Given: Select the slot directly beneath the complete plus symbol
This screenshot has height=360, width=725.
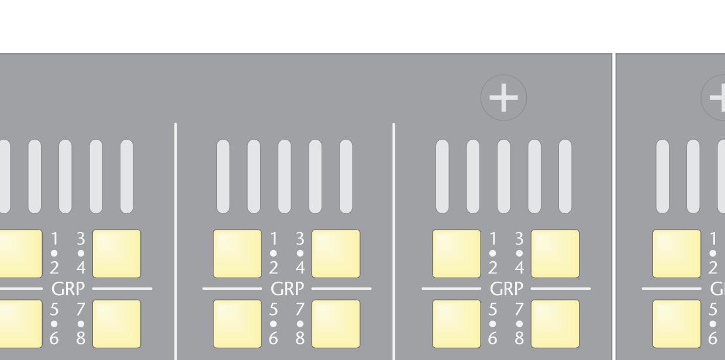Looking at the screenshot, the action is pos(503,176).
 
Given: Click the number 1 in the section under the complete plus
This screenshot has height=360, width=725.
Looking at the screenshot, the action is pos(492,239).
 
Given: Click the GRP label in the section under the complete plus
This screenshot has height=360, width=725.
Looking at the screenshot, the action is pos(506,289).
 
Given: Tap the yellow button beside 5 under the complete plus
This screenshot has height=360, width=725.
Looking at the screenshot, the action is pos(457,324).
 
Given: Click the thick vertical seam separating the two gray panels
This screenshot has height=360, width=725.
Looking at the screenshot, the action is pos(613,205).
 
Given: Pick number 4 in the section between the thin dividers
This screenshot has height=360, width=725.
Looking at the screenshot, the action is pos(300,268).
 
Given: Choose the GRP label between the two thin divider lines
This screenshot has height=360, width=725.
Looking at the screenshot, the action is pos(286,289).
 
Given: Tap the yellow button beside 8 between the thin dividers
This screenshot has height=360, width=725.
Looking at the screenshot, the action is pos(336,324).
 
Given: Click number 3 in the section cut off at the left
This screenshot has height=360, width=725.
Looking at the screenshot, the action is pos(81,239).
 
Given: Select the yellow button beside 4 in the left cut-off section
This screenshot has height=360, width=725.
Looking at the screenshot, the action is pos(116,254).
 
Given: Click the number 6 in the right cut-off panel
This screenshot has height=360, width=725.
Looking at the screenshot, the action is pos(713,338).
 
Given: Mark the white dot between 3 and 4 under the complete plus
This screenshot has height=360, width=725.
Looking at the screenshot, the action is pos(519,254).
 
